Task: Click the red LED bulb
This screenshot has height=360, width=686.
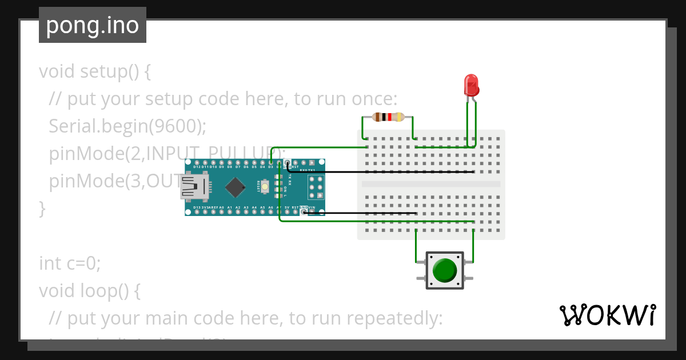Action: coord(471,85)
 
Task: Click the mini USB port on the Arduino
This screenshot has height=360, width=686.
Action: coord(193,187)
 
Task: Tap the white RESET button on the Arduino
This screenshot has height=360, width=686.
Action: coord(265,187)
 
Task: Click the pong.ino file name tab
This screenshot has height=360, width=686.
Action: coord(93,25)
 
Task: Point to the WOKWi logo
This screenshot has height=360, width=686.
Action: coord(607,315)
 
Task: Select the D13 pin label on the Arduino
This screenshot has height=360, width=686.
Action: coord(197,207)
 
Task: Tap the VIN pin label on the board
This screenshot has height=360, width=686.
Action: coord(312,207)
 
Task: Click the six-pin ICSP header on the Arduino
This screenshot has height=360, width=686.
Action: coord(316,187)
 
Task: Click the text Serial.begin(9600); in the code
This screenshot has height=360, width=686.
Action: coord(127,126)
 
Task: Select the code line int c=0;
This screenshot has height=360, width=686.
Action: coord(70,263)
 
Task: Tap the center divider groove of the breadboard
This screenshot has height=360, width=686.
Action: coord(431,184)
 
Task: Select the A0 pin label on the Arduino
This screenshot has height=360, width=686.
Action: coord(221,207)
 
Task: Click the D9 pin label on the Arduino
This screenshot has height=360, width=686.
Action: coord(221,167)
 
